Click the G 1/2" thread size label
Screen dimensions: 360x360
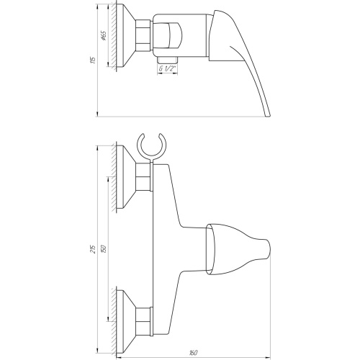[x=167, y=68]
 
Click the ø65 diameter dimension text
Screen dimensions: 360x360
[x=104, y=35]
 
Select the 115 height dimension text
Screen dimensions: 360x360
[x=94, y=60]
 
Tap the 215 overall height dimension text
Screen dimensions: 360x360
[x=94, y=249]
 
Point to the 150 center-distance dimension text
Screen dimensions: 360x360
[x=104, y=249]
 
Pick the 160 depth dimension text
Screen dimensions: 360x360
[x=193, y=353]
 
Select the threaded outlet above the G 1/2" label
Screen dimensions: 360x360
[x=167, y=60]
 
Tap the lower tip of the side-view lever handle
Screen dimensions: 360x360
[x=268, y=116]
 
